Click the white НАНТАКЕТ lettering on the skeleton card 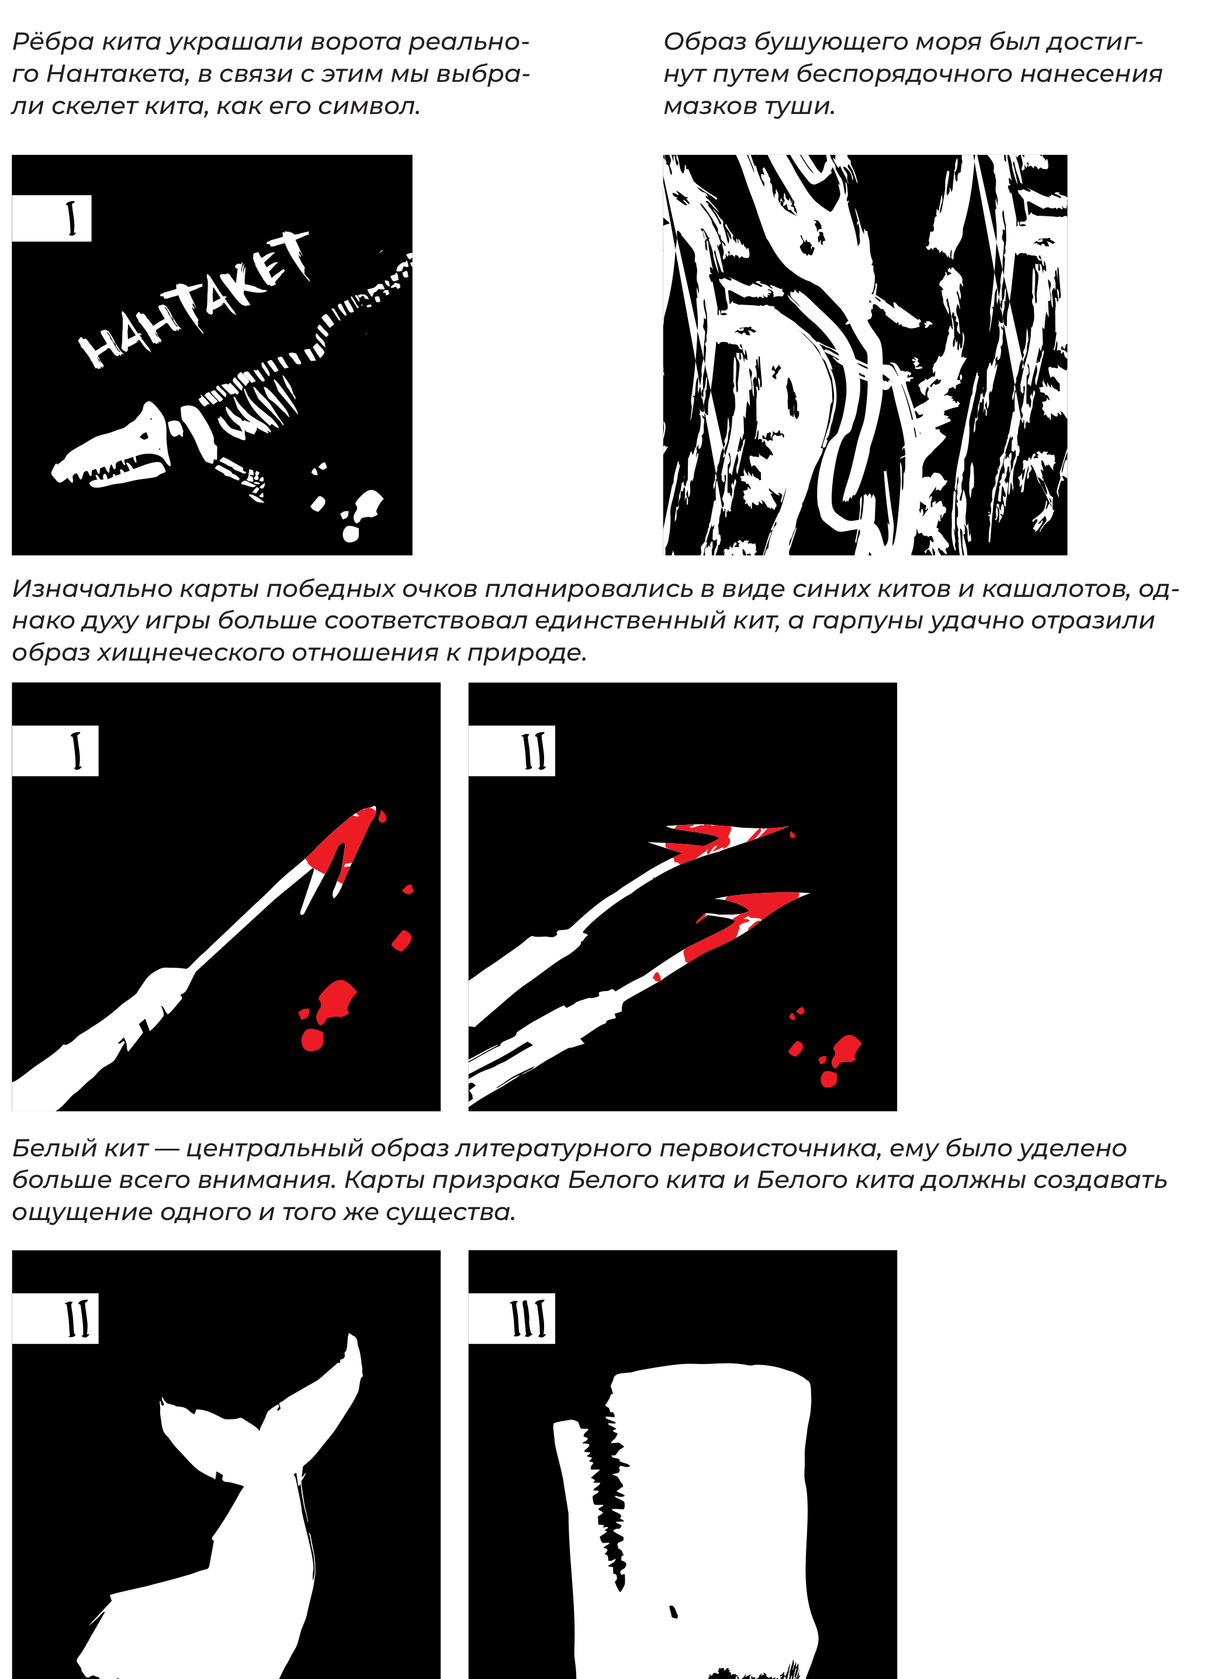click(194, 299)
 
